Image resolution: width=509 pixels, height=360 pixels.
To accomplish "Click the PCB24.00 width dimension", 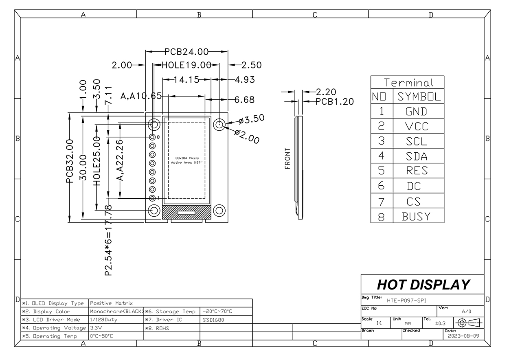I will (186, 52).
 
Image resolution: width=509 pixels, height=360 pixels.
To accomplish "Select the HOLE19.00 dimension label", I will (186, 65).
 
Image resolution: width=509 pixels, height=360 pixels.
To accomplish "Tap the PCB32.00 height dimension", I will (70, 167).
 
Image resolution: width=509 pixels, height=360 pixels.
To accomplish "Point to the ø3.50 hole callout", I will (252, 119).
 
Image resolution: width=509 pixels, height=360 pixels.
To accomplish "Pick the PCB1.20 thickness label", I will (335, 101).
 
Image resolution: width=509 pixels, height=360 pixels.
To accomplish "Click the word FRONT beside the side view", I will (288, 158).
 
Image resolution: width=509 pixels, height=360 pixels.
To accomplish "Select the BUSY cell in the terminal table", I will (416, 216).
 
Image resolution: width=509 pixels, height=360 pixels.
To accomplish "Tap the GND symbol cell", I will (416, 111).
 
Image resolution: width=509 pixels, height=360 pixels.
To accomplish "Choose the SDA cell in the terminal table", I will (416, 156).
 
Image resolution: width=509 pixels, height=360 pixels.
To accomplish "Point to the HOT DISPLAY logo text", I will (423, 284).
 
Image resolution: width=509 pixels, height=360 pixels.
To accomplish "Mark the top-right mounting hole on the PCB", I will (219, 124).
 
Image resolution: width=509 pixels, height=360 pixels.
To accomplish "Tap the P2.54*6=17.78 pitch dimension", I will (108, 240).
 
